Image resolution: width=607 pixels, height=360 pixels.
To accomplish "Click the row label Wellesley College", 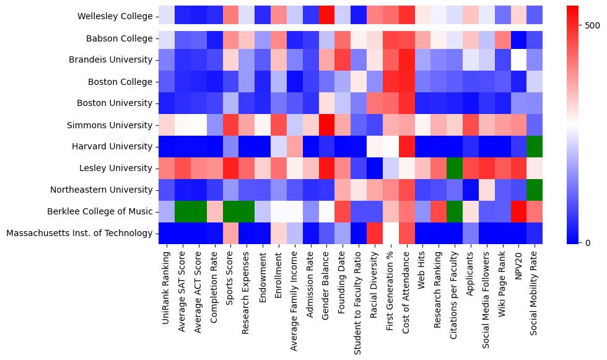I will (x=115, y=17).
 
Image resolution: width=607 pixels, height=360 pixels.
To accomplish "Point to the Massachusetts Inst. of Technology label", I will (x=78, y=233).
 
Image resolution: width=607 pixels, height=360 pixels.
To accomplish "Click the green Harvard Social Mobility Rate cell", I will (x=536, y=146).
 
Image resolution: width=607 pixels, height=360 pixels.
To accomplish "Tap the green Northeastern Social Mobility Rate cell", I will (x=536, y=190).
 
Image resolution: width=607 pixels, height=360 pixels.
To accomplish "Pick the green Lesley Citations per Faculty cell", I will (x=455, y=168).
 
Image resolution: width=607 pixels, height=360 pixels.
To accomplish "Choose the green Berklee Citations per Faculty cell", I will (x=455, y=211).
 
